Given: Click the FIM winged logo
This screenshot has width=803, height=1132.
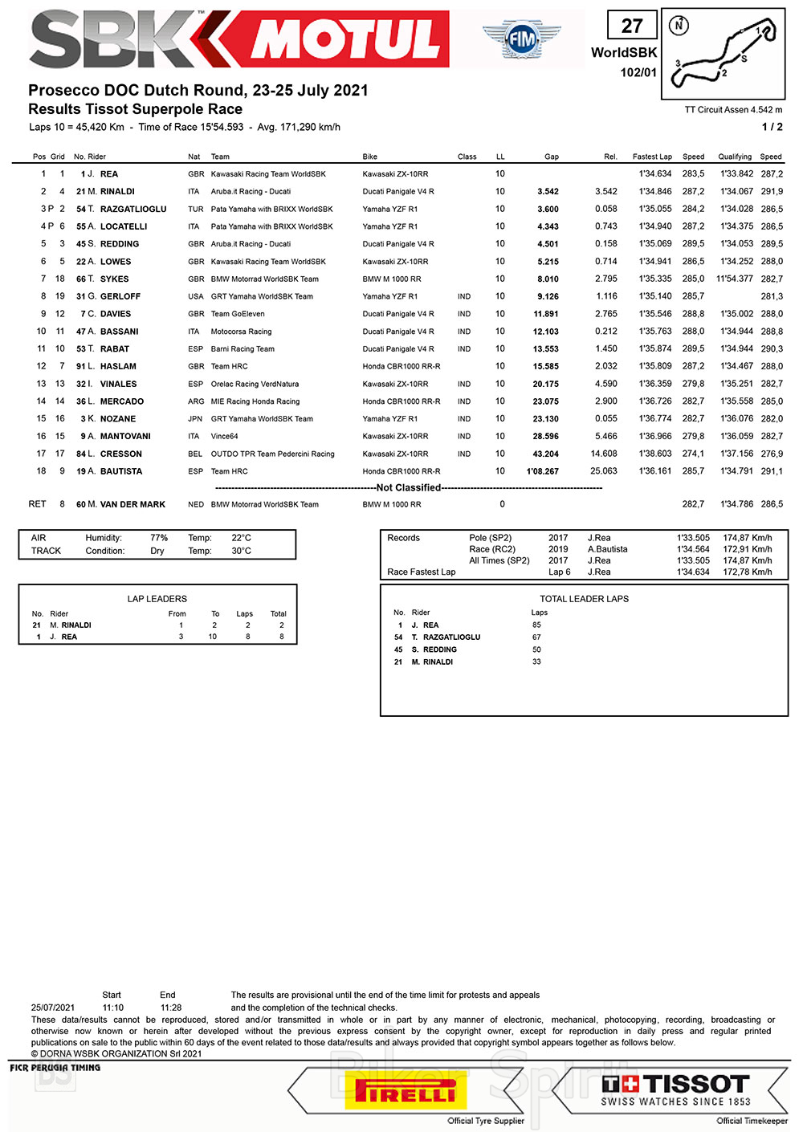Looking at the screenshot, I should [521, 38].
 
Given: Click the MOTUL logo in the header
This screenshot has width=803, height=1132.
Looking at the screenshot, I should [346, 39].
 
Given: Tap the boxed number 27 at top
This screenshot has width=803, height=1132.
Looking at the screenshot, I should [632, 26].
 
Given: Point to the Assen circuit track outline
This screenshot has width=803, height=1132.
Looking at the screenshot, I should [725, 55].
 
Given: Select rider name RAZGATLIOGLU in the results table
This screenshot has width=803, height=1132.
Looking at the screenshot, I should [133, 209].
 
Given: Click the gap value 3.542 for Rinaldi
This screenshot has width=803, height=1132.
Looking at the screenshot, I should [548, 192].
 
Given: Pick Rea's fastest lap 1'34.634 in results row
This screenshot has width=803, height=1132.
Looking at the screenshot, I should [655, 174].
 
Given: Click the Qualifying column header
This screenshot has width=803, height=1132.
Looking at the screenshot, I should [735, 157].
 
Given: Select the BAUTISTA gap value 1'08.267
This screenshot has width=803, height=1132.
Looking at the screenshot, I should [542, 471].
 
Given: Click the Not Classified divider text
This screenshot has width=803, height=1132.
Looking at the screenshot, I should [409, 487].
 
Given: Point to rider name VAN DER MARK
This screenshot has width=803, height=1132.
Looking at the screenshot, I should [132, 504].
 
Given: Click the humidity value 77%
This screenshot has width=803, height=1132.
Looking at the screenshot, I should [159, 538].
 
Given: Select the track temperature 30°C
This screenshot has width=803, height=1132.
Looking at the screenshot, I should [241, 551].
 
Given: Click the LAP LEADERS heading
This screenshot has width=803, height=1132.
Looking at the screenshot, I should [157, 599].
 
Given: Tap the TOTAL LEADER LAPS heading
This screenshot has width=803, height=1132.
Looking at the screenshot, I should [584, 599].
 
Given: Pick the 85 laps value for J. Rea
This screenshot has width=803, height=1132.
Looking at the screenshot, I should [536, 625].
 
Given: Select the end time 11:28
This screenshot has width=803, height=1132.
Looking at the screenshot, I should [171, 1008].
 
